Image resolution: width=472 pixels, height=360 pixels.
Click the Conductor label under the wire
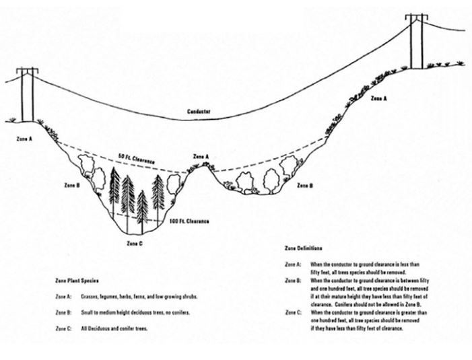pos(199,111)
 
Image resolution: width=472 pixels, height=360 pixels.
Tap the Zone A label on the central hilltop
pos(201,155)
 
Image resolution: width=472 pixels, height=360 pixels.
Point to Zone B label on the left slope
pos(72,184)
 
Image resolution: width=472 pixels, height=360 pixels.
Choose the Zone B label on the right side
pos(304,184)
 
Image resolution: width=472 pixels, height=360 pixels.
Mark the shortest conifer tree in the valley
pos(142,207)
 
